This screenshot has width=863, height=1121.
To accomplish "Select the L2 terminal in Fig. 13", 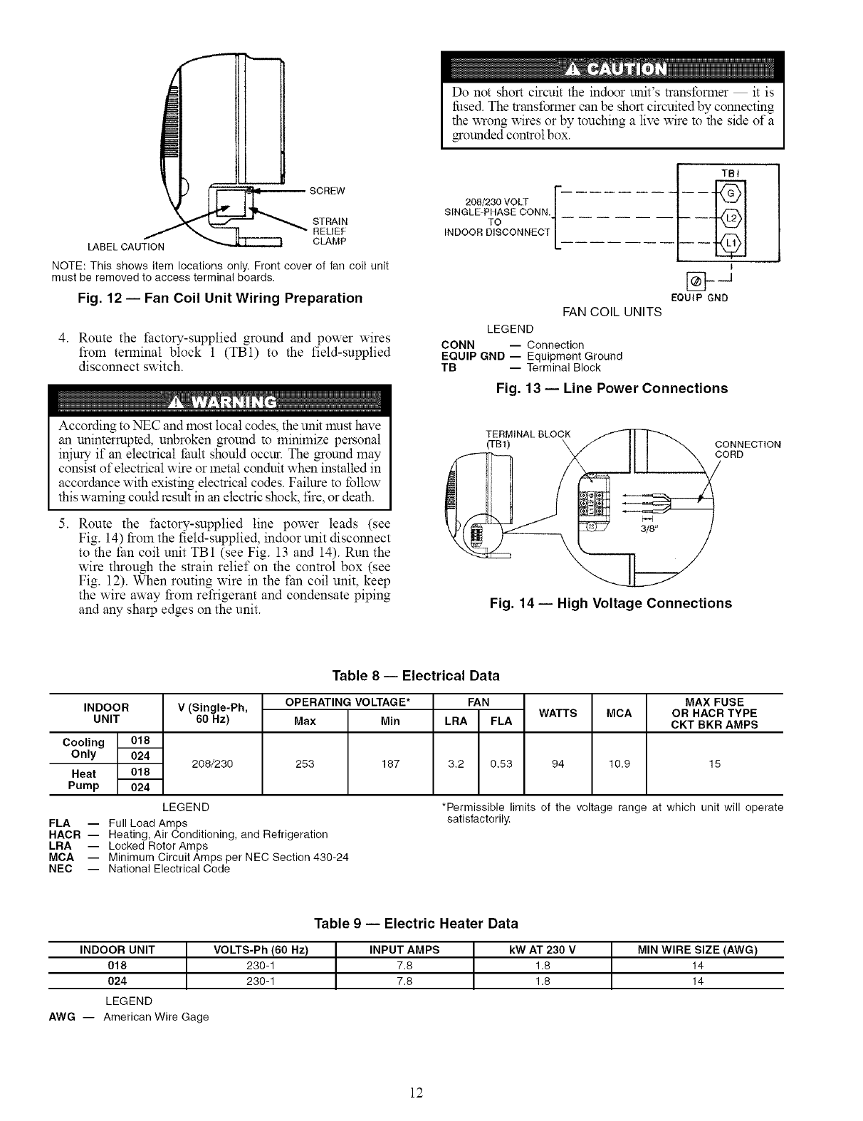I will point(731,218).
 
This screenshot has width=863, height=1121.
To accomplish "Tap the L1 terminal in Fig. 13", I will point(731,244).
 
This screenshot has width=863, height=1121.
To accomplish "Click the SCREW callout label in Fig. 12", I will point(328,191).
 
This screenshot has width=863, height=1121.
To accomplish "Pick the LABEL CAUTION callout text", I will point(125,247).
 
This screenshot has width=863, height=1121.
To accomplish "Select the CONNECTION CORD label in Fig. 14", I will point(747,449).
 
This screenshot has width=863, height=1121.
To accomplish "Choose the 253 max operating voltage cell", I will point(305,763).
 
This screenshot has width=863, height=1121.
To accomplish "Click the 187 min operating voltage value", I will point(390,763).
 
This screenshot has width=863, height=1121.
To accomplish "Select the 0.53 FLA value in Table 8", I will point(501,763).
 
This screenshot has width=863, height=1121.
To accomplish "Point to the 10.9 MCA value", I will point(619,763).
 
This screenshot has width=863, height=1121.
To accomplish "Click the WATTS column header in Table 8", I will point(558,712).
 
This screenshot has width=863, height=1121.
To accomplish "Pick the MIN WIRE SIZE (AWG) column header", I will point(697,949).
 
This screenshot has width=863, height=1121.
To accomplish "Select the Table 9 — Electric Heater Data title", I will point(416,924).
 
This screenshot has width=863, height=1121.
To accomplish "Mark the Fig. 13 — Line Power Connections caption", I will point(612,388).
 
